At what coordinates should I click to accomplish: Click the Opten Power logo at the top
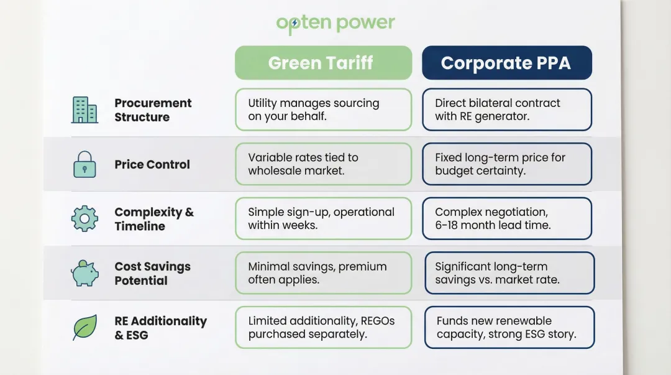[x=335, y=24]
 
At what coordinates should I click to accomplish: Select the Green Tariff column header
[x=323, y=63]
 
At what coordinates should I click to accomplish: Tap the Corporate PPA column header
[x=506, y=63]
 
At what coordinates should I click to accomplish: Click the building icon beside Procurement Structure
[x=84, y=110]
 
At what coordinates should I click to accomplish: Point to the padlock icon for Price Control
[x=84, y=165]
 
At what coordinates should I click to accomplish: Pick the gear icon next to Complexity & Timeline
[x=84, y=219]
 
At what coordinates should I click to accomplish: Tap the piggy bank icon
[x=84, y=273]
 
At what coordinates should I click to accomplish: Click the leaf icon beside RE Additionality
[x=84, y=328]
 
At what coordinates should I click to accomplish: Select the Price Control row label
[x=152, y=165]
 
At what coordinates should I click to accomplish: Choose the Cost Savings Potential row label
[x=152, y=274]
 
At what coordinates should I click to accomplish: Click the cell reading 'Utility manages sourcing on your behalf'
[x=323, y=109]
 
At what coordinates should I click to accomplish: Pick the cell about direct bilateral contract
[x=506, y=109]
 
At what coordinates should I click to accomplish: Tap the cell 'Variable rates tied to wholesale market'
[x=323, y=164]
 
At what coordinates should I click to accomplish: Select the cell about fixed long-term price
[x=506, y=164]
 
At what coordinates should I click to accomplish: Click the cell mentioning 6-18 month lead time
[x=506, y=219]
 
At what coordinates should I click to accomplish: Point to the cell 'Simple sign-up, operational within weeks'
[x=323, y=219]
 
